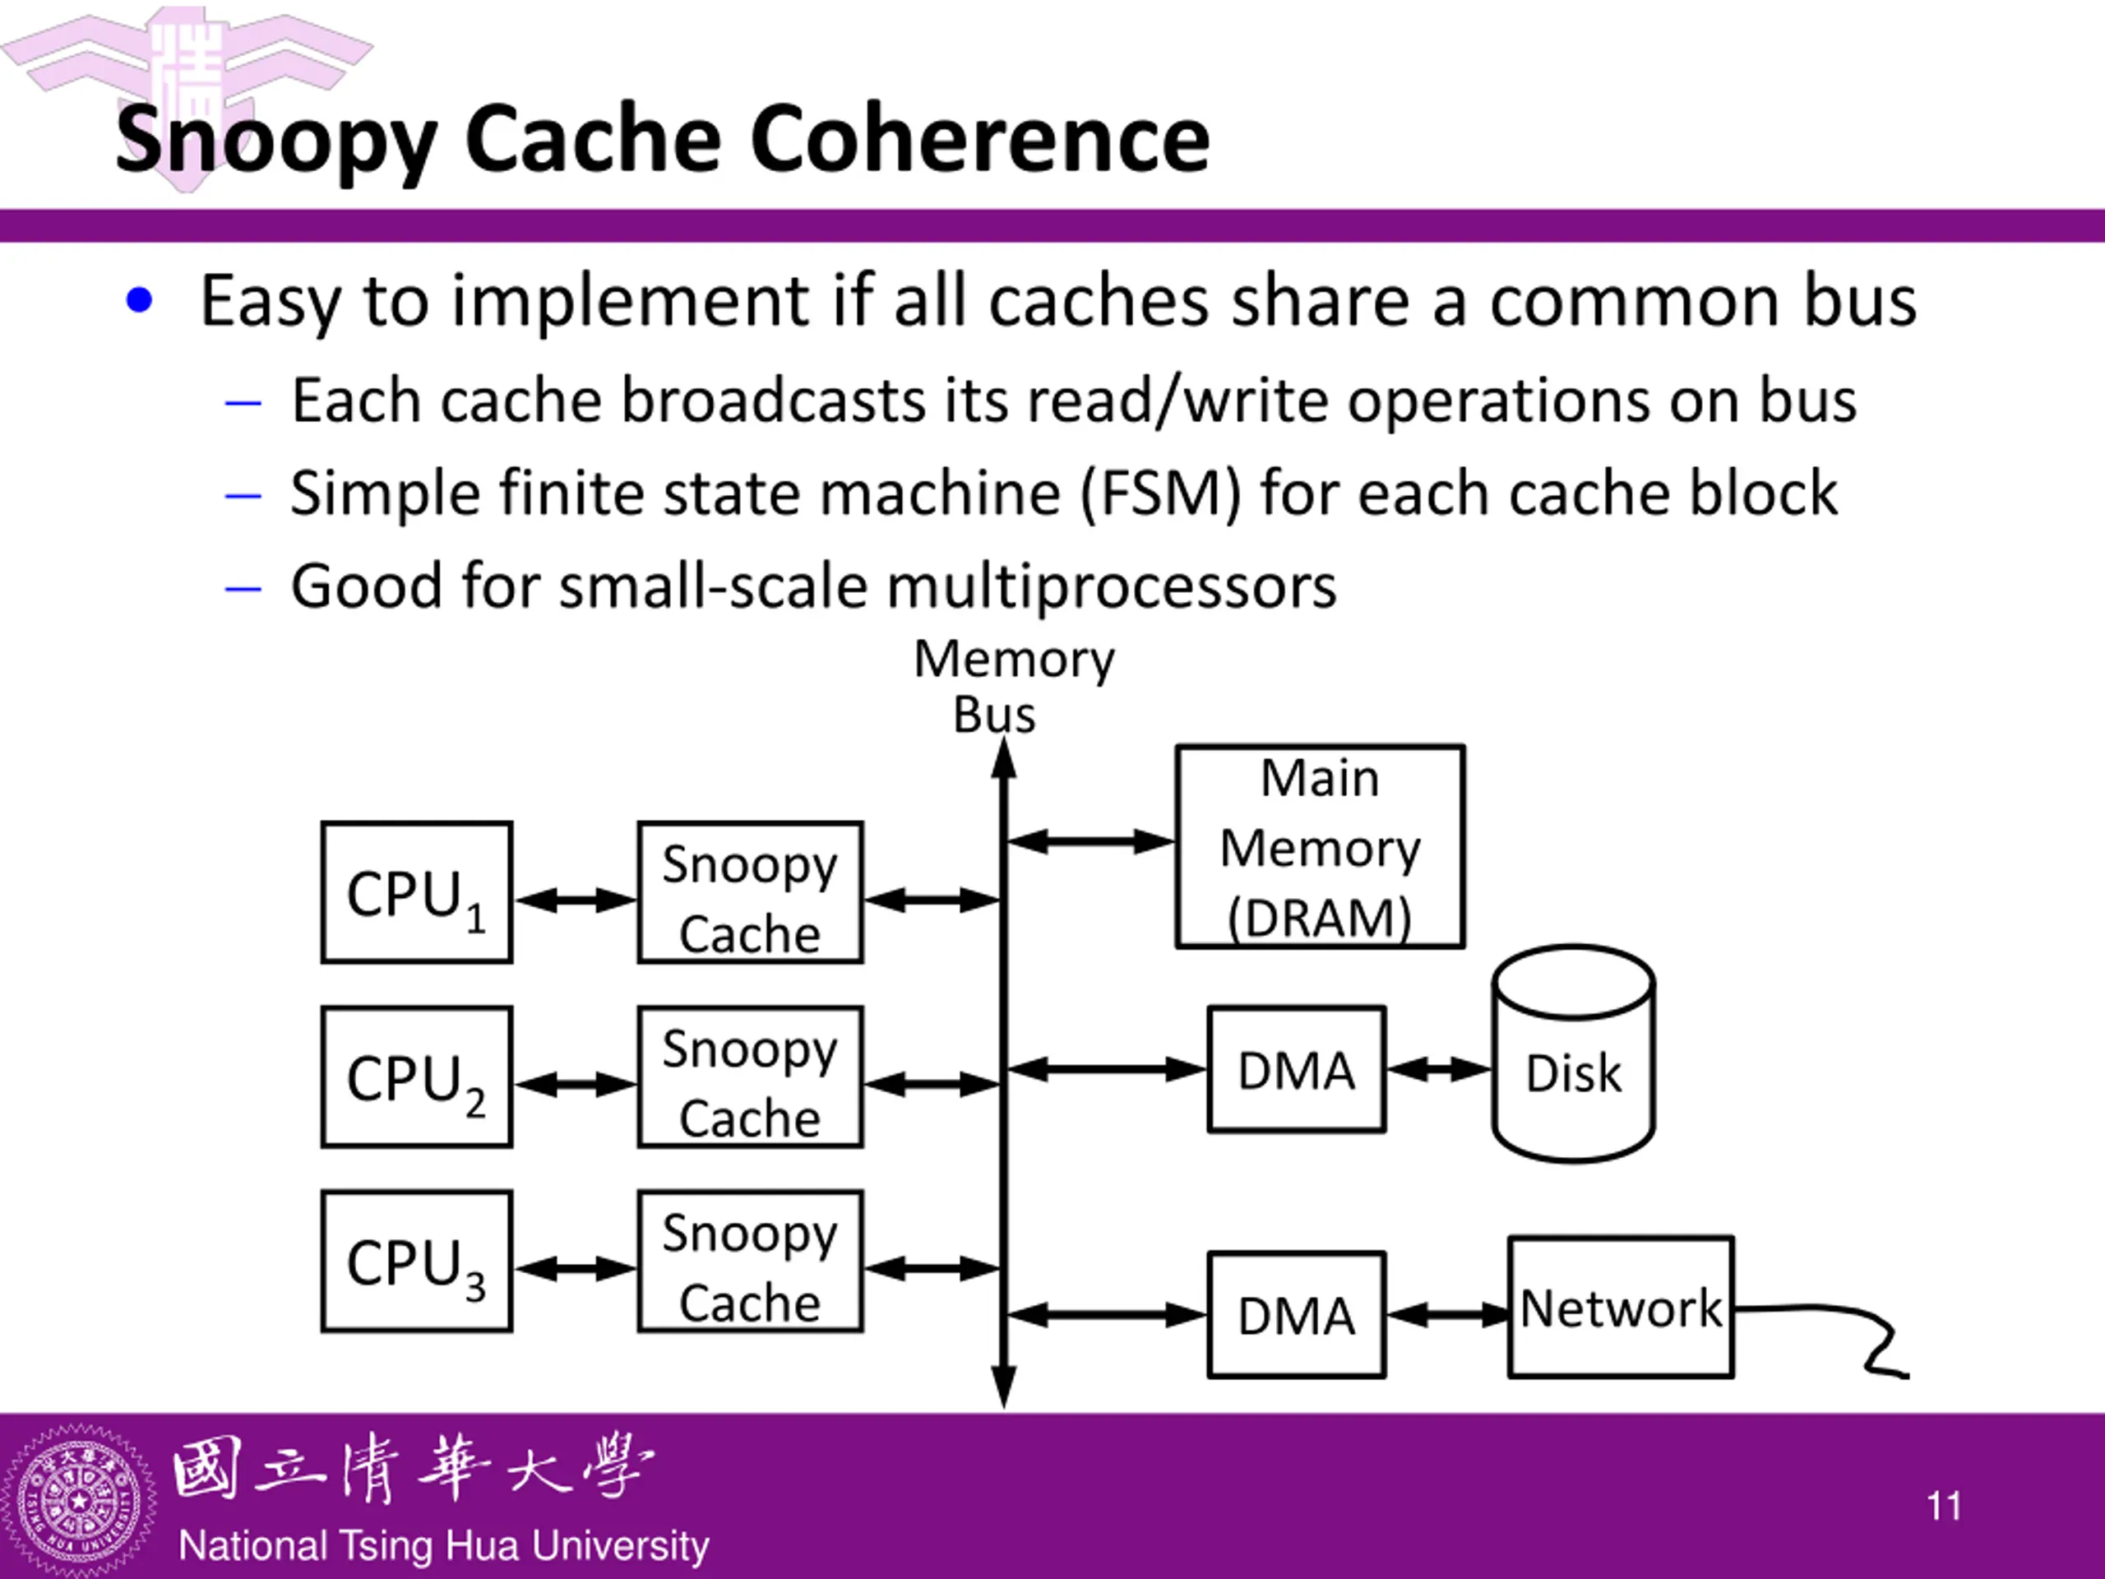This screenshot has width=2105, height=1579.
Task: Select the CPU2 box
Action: pos(417,1077)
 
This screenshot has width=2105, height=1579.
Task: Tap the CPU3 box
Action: pos(417,1261)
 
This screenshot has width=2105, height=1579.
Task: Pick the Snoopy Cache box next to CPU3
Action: pos(750,1261)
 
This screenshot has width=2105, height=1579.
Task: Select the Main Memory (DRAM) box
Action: pos(1320,846)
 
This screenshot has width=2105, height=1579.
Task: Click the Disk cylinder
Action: pos(1573,1054)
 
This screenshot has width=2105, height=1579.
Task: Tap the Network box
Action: pos(1621,1307)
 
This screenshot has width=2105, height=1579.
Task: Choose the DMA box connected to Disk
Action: pos(1296,1069)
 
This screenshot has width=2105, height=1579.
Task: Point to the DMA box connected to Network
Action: pos(1296,1314)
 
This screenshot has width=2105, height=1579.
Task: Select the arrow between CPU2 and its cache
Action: pos(576,1084)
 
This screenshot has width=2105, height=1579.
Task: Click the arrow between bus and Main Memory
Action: pos(1090,841)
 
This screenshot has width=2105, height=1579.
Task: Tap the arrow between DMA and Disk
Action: pos(1439,1070)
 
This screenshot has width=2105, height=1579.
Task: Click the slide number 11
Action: pos(1943,1507)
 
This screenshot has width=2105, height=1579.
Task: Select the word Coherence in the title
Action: pos(979,140)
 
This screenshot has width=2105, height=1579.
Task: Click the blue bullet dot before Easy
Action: pos(139,301)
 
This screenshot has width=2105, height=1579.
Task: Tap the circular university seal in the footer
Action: pos(79,1502)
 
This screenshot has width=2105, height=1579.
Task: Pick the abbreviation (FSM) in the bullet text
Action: pos(1160,493)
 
